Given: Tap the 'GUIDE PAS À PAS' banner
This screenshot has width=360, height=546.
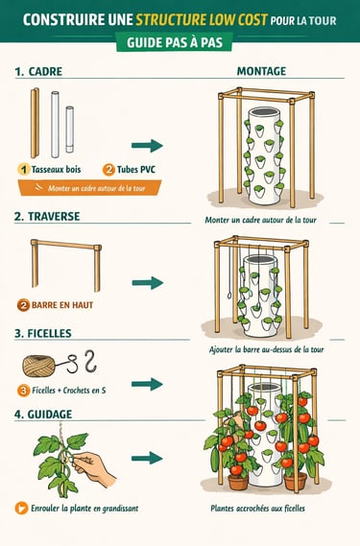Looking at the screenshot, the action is point(175,42).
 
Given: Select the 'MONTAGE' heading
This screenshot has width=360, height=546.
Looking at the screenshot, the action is point(261,71).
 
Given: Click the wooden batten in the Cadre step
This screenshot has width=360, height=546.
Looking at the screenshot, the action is point(35,123).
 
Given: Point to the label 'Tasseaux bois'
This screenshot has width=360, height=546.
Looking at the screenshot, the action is point(56,170).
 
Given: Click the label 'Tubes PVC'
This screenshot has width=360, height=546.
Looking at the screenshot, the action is point(136,170).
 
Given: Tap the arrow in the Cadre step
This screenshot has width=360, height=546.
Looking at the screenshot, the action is point(147,145).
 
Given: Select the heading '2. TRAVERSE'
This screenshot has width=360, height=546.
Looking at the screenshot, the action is point(47,216).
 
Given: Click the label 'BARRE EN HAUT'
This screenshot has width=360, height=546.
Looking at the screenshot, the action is point(62,305).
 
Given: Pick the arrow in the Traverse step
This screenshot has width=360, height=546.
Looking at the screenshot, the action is point(148,282).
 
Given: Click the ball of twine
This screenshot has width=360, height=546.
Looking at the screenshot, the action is point(38,366).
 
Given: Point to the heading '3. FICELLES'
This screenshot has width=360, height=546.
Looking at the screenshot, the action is point(43,333).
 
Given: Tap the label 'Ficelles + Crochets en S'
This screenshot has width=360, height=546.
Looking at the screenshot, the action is point(69,391).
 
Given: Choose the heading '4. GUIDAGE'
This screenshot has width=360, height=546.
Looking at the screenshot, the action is point(43,414).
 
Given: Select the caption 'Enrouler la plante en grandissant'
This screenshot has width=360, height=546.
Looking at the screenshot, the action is point(84,509).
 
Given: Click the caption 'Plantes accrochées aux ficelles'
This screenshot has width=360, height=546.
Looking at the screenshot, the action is point(258,509).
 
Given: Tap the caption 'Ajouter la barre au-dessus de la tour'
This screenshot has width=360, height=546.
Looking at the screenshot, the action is point(266,349).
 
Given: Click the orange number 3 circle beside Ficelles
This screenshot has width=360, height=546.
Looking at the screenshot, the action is point(23,391).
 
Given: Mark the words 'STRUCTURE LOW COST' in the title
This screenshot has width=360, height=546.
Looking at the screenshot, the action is point(202,20).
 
